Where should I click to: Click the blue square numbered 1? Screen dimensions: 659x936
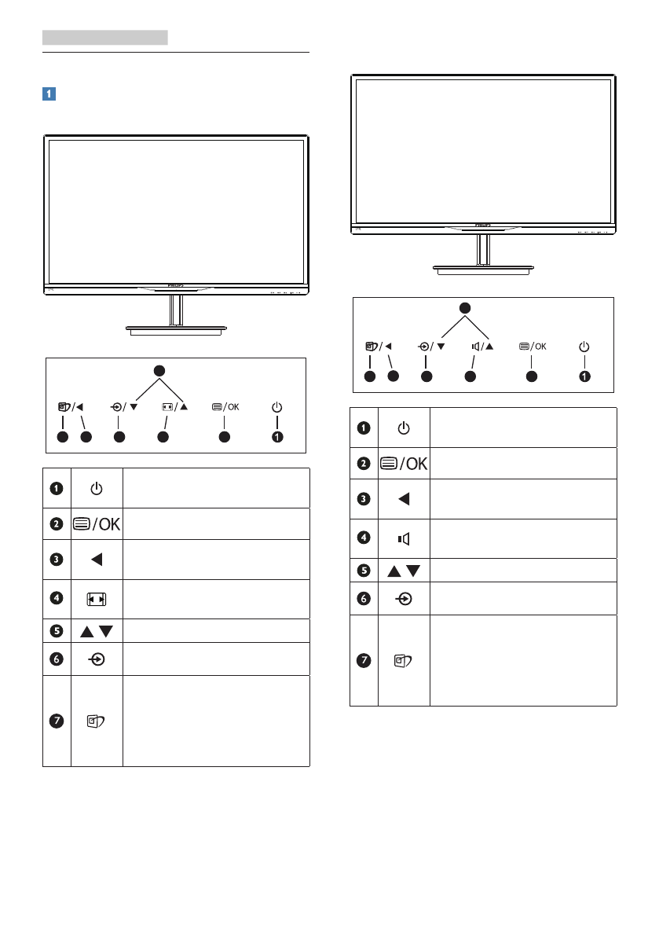[x=49, y=94]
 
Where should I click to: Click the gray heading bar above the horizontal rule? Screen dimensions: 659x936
[x=105, y=37]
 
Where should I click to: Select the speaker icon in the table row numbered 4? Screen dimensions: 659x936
[x=403, y=540]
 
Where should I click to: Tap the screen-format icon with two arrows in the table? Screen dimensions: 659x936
[x=96, y=600]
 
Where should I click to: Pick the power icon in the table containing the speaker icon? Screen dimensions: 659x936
[x=403, y=428]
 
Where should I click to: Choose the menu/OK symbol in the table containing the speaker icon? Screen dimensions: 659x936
[x=403, y=464]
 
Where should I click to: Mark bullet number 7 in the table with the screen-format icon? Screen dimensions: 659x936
[x=57, y=721]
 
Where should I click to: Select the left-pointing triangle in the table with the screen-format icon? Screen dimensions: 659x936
[x=96, y=560]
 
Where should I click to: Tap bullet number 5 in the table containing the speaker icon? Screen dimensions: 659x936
[x=364, y=570]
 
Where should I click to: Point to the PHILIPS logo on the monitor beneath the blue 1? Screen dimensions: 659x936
[x=176, y=288]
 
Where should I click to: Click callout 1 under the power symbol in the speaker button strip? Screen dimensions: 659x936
[x=584, y=376]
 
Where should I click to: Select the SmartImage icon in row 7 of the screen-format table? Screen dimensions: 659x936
[x=96, y=721]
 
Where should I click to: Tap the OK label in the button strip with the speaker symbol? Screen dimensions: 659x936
[x=541, y=346]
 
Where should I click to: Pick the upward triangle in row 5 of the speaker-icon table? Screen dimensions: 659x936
[x=395, y=570]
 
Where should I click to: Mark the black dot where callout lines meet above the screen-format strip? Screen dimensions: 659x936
[x=159, y=369]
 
